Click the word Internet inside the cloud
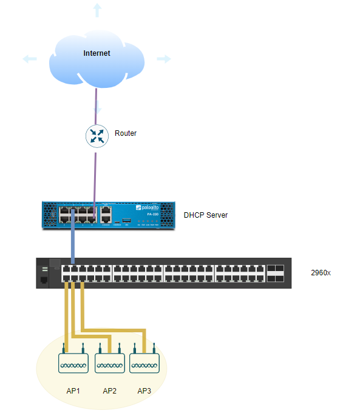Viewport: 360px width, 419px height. tap(97, 53)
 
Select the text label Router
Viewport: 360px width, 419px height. tap(126, 133)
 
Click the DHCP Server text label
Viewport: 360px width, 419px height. tap(206, 215)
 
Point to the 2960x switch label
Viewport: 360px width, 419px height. tap(321, 272)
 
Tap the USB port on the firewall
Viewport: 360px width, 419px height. tap(126, 220)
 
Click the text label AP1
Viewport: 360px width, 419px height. tap(73, 391)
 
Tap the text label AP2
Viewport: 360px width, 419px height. tap(109, 391)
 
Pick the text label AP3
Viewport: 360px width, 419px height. tap(144, 391)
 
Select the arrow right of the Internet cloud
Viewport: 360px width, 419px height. tap(164, 59)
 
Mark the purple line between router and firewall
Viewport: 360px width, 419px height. tap(95, 176)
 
